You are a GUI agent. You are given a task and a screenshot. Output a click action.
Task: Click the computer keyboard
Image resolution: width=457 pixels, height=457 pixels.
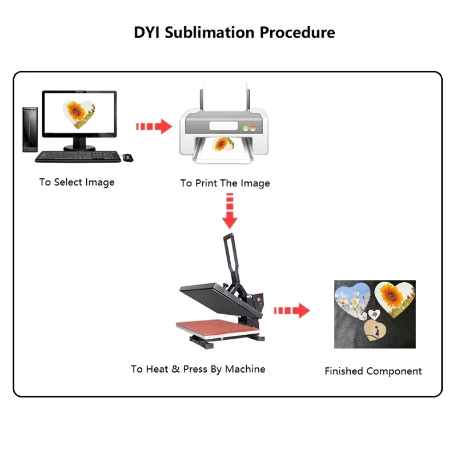78,156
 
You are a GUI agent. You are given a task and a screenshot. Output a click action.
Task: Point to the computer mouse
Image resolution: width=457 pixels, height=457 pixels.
127,157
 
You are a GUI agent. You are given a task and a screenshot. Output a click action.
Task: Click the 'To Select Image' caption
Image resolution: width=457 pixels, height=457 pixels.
77,182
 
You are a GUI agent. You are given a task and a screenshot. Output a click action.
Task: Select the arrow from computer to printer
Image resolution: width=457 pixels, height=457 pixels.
154,126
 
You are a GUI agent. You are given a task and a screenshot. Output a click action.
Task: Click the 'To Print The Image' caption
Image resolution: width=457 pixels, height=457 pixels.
225,183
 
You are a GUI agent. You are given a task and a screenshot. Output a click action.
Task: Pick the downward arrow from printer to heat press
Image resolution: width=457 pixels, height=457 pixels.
230,209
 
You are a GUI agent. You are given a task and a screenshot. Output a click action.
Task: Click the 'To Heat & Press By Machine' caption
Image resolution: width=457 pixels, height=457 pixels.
198,369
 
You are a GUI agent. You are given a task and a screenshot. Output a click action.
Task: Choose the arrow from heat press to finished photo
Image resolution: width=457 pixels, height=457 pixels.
291,311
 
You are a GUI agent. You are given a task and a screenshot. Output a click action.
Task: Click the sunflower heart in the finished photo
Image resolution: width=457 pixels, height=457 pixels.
391,297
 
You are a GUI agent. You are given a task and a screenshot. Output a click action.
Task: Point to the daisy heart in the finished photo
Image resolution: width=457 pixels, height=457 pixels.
352,300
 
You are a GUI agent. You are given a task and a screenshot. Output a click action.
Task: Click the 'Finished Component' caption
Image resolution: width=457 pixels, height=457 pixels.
373,371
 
